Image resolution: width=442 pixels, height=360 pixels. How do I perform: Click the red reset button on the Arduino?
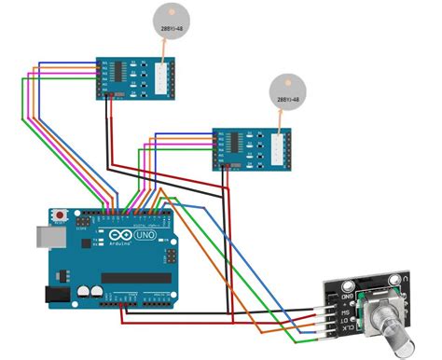pos(61,212)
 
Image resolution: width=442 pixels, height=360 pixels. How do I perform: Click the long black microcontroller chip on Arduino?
pos(135,278)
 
